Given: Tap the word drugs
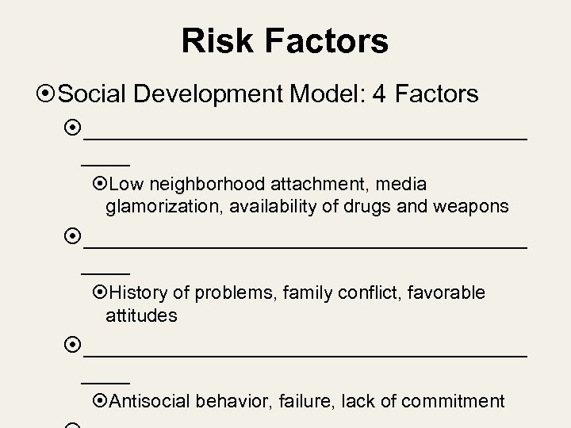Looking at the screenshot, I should (377, 207).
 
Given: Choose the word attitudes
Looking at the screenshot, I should (141, 315).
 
